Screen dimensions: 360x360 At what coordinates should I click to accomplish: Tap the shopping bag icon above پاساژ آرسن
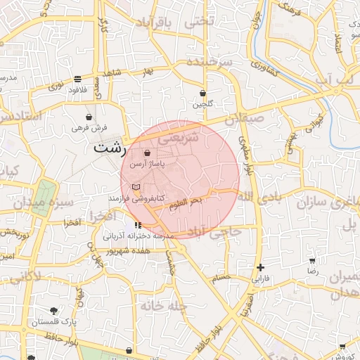click(x=147, y=153)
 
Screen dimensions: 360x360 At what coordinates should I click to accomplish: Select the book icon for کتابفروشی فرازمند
click(x=136, y=187)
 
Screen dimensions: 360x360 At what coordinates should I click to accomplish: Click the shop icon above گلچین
click(x=203, y=93)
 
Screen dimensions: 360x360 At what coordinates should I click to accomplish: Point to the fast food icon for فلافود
click(x=77, y=79)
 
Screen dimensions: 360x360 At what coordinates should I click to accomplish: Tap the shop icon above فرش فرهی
click(x=89, y=117)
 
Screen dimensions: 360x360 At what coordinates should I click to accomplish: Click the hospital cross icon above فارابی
click(x=261, y=267)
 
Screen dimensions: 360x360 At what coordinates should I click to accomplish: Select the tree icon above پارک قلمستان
click(x=54, y=311)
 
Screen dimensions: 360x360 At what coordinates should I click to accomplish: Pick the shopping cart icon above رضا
click(x=313, y=259)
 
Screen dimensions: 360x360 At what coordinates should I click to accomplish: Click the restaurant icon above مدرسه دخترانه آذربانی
click(x=136, y=225)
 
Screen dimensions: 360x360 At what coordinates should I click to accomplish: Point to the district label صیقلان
click(x=243, y=120)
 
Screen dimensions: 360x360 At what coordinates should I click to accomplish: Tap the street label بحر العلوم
click(x=186, y=202)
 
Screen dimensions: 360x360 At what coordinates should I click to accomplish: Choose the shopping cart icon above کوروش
click(x=342, y=347)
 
